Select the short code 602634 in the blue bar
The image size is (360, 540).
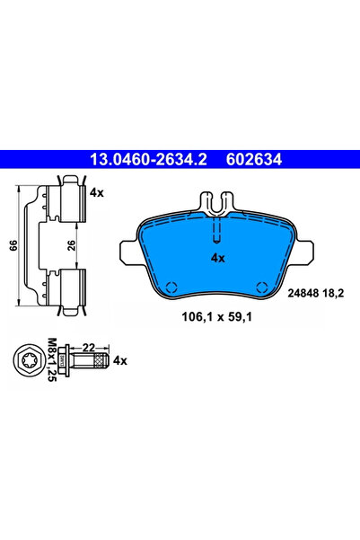(249, 159)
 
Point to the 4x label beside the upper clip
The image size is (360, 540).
(97, 192)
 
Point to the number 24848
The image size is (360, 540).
(302, 292)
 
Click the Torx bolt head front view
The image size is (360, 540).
(28, 361)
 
